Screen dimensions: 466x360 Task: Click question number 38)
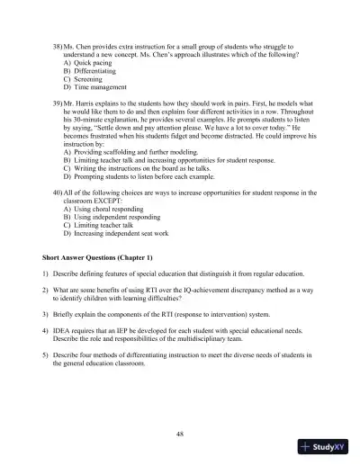[x=58, y=43]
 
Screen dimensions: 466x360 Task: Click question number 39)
[x=58, y=105]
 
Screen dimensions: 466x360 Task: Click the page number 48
[x=181, y=434]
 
